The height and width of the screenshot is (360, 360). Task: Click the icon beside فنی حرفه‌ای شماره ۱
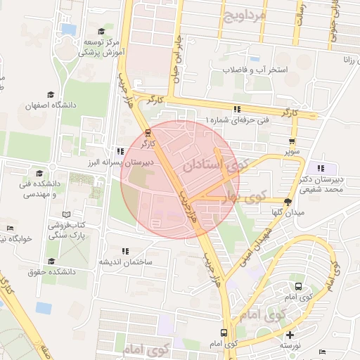click(237, 109)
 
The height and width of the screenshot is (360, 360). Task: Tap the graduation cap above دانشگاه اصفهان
click(50, 94)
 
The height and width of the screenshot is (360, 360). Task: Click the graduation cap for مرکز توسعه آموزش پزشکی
click(103, 31)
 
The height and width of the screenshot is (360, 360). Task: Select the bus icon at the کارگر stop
click(147, 131)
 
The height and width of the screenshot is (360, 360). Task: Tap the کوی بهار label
click(243, 195)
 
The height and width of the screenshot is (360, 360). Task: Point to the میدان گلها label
click(288, 212)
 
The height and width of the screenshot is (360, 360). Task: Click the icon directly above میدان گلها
click(288, 200)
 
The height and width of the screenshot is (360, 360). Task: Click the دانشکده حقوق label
click(52, 271)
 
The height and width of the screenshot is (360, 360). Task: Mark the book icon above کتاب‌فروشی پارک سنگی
click(66, 214)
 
